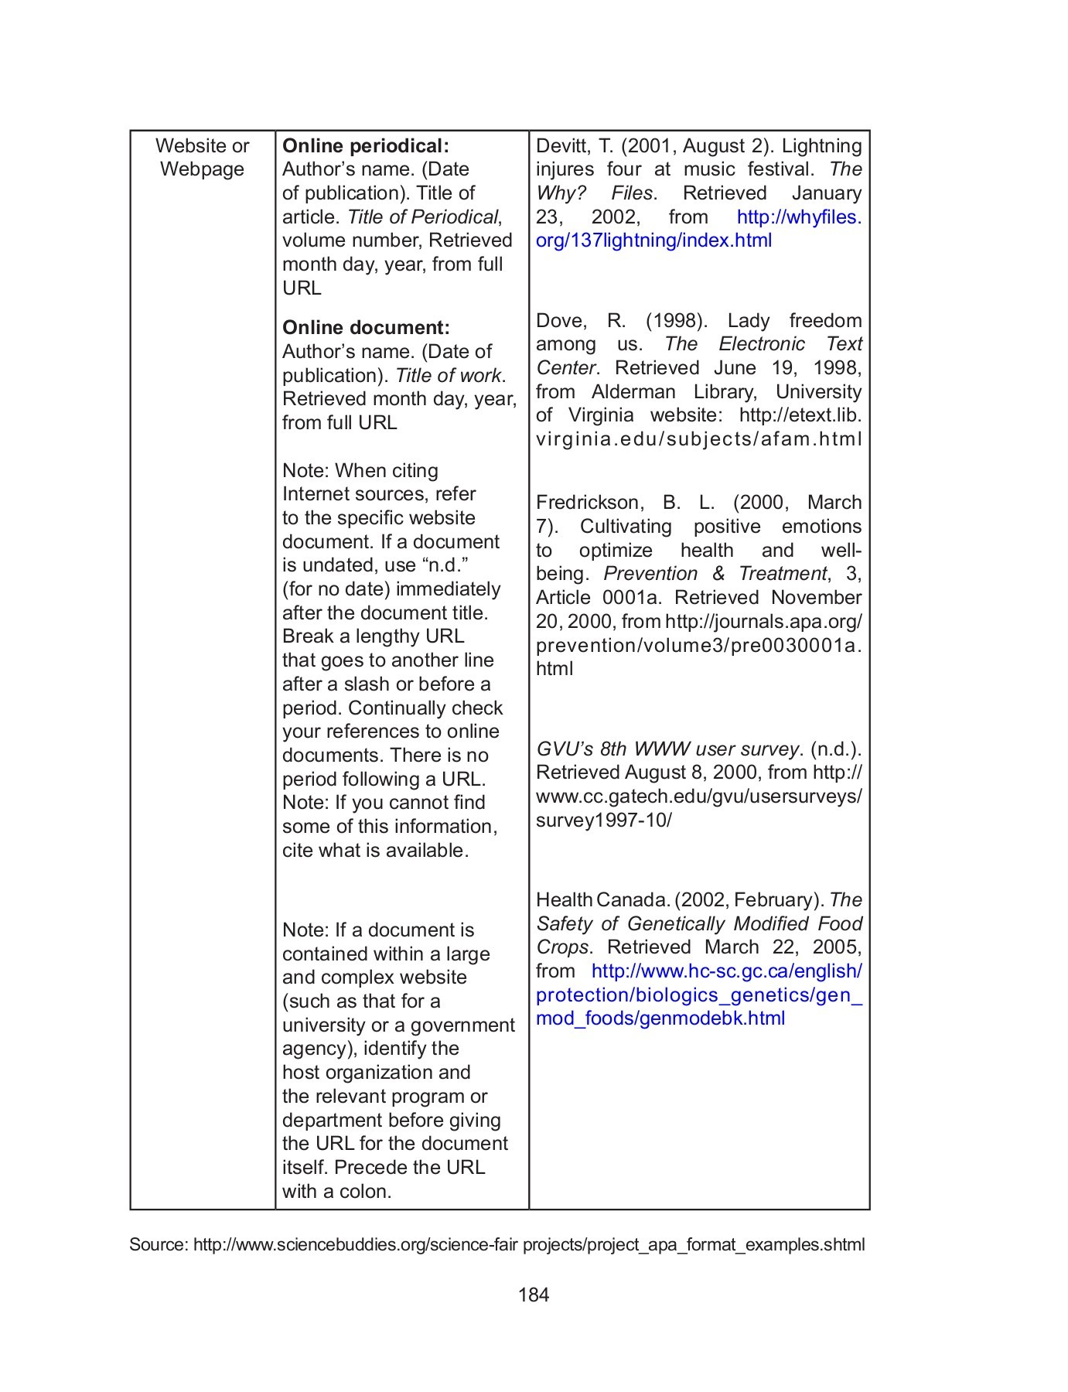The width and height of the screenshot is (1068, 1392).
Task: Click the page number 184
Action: (534, 1295)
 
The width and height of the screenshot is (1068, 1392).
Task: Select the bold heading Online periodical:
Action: (365, 145)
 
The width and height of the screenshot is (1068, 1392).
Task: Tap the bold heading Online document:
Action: (366, 327)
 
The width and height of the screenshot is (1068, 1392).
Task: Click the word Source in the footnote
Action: (158, 1244)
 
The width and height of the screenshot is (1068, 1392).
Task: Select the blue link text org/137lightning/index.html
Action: (653, 241)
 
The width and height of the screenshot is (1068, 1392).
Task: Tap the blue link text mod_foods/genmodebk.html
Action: (660, 1018)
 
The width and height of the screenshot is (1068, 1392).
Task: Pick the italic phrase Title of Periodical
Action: (424, 217)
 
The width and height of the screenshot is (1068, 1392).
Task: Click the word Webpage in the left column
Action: (202, 169)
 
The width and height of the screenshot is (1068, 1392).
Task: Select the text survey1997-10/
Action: (603, 821)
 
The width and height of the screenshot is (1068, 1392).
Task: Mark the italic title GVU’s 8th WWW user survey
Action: (667, 749)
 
